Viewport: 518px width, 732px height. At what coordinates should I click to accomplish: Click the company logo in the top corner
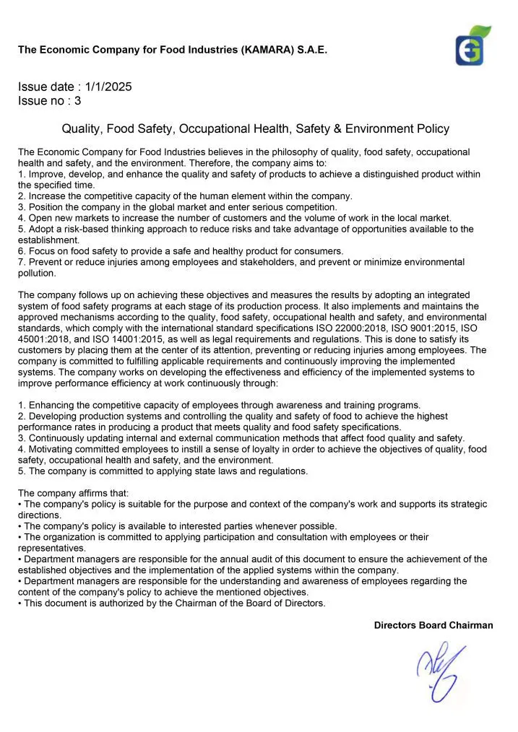472,45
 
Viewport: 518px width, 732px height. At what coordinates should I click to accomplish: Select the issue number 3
77,101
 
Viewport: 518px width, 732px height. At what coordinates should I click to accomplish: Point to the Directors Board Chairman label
433,625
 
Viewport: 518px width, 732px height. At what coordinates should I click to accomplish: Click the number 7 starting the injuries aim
21,262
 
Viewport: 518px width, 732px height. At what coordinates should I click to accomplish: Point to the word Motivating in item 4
51,449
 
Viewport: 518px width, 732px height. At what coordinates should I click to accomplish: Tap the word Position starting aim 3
46,207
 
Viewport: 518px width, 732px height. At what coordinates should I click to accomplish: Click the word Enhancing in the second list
52,405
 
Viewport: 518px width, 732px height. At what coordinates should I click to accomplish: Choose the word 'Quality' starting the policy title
80,129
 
